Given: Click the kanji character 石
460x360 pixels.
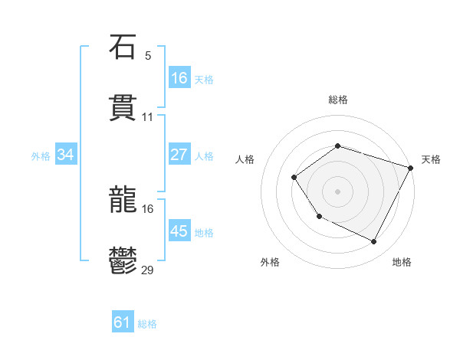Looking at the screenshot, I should coord(123,47).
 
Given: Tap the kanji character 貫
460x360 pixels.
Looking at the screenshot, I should coord(123,109).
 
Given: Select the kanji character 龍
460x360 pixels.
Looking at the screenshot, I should coord(123,201).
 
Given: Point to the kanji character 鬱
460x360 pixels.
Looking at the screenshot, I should coord(123,262).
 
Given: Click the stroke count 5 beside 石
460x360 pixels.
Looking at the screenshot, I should coord(148,56).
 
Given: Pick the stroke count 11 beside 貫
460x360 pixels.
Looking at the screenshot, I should coord(148,117).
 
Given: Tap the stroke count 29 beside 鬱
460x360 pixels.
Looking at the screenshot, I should coord(148,270).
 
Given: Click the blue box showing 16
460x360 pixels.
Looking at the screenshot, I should coord(179,78).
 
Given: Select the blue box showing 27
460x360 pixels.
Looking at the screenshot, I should coord(179,155).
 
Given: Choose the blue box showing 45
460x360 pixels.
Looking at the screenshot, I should coord(179,231).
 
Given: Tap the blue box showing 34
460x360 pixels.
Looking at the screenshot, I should coord(66,155).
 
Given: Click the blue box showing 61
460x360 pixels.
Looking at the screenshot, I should coord(123,322).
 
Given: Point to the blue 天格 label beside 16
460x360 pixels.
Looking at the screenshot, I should coord(204,79).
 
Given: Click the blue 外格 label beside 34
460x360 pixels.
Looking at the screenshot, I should coord(41,155).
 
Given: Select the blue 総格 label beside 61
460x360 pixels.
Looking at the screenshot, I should coord(147,324).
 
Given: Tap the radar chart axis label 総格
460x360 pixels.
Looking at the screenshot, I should coord(337,100).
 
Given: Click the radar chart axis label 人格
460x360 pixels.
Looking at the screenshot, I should coord(245,159).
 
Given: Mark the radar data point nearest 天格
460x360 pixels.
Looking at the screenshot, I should coord(411,167).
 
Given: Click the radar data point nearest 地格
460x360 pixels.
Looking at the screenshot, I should coord(374,242).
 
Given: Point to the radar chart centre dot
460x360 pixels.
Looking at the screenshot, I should coord(337,191).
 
